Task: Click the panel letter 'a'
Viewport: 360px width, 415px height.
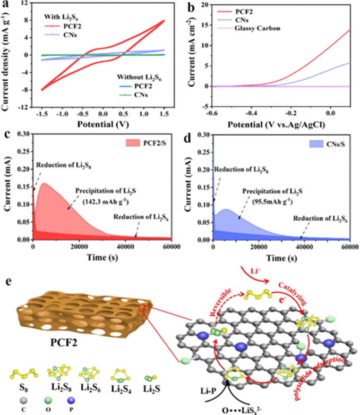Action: (x=7, y=5)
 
